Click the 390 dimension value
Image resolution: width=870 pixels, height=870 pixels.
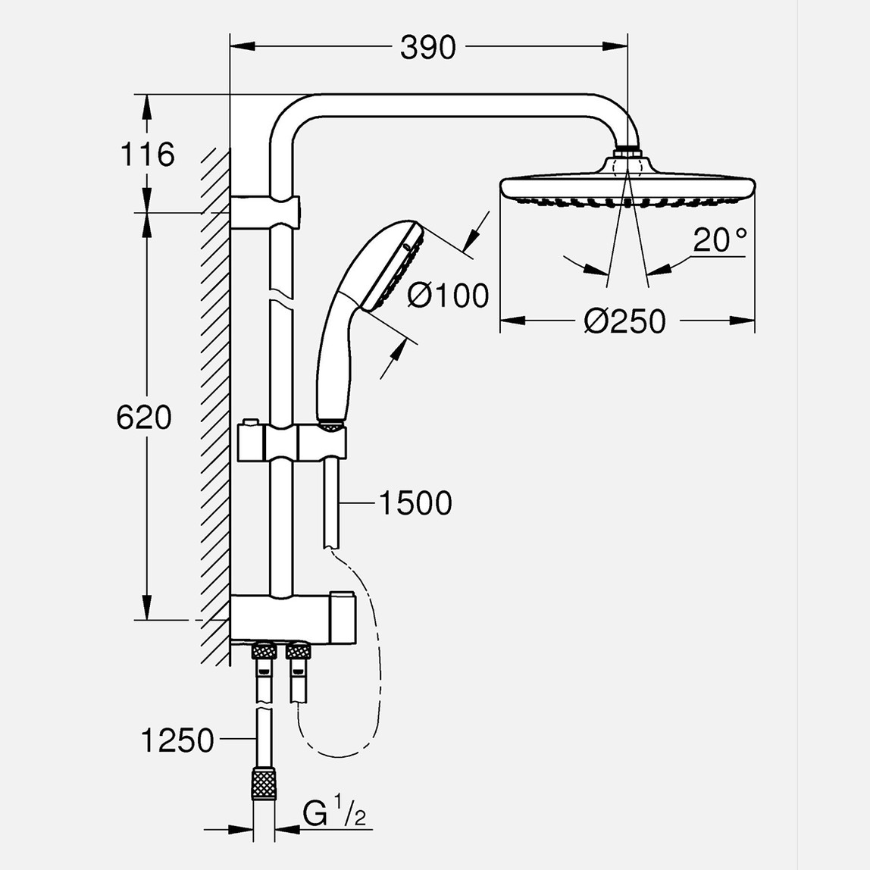pyautogui.click(x=428, y=48)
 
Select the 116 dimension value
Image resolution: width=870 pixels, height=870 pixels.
pyautogui.click(x=147, y=154)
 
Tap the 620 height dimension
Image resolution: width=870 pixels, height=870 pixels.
pyautogui.click(x=144, y=417)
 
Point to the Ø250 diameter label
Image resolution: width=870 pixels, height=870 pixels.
pyautogui.click(x=625, y=321)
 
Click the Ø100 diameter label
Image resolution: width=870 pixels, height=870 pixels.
pyautogui.click(x=448, y=295)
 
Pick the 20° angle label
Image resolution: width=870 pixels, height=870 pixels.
pyautogui.click(x=719, y=240)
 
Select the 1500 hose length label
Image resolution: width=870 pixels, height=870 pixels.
pyautogui.click(x=414, y=502)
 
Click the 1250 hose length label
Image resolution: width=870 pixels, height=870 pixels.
pyautogui.click(x=177, y=740)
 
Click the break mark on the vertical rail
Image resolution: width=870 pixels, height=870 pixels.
pyautogui.click(x=280, y=296)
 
